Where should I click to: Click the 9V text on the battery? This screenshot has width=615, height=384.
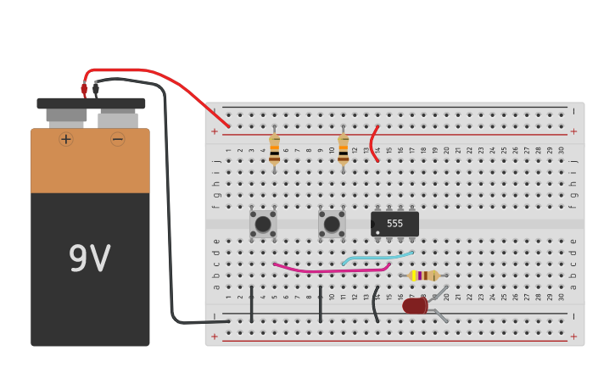pos(89,259)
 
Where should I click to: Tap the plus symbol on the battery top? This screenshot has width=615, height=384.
pos(66,139)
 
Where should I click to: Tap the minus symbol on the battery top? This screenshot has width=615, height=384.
pos(117,139)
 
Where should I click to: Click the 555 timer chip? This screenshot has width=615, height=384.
pos(394,224)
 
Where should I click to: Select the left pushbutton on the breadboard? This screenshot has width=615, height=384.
pos(263,224)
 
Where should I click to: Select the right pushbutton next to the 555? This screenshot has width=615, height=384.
pos(332,224)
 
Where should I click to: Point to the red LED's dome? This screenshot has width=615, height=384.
pos(414,305)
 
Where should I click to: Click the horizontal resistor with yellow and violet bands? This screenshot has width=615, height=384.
pos(423,275)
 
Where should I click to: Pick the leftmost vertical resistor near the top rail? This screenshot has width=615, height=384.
pos(274,149)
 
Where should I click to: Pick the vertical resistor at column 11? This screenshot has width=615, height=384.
pos(343,149)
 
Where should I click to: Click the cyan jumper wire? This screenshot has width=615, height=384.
pos(377,257)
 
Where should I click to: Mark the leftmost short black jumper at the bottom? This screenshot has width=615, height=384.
pos(251,304)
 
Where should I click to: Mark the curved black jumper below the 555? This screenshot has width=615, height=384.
pos(375,304)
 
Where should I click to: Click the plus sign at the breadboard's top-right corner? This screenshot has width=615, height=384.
pos(573,131)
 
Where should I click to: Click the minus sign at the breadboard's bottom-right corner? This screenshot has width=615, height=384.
pos(573,316)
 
